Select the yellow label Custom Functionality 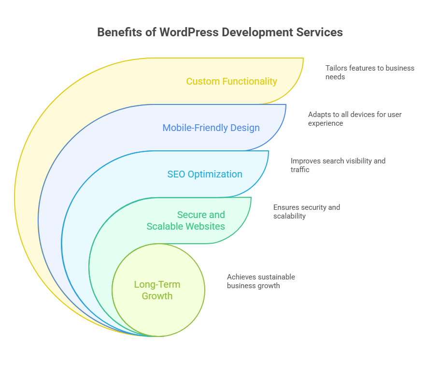(232, 81)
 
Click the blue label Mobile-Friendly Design (211, 128)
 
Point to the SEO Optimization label (205, 174)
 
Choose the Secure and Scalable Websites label (186, 220)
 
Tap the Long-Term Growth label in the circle (157, 290)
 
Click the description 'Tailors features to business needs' (369, 72)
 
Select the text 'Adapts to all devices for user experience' (355, 119)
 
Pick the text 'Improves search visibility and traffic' (338, 165)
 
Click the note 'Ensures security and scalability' (306, 212)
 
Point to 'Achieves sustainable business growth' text (261, 281)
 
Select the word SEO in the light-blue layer (176, 174)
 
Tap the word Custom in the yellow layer (202, 81)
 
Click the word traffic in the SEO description (299, 170)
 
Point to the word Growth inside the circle (157, 296)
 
